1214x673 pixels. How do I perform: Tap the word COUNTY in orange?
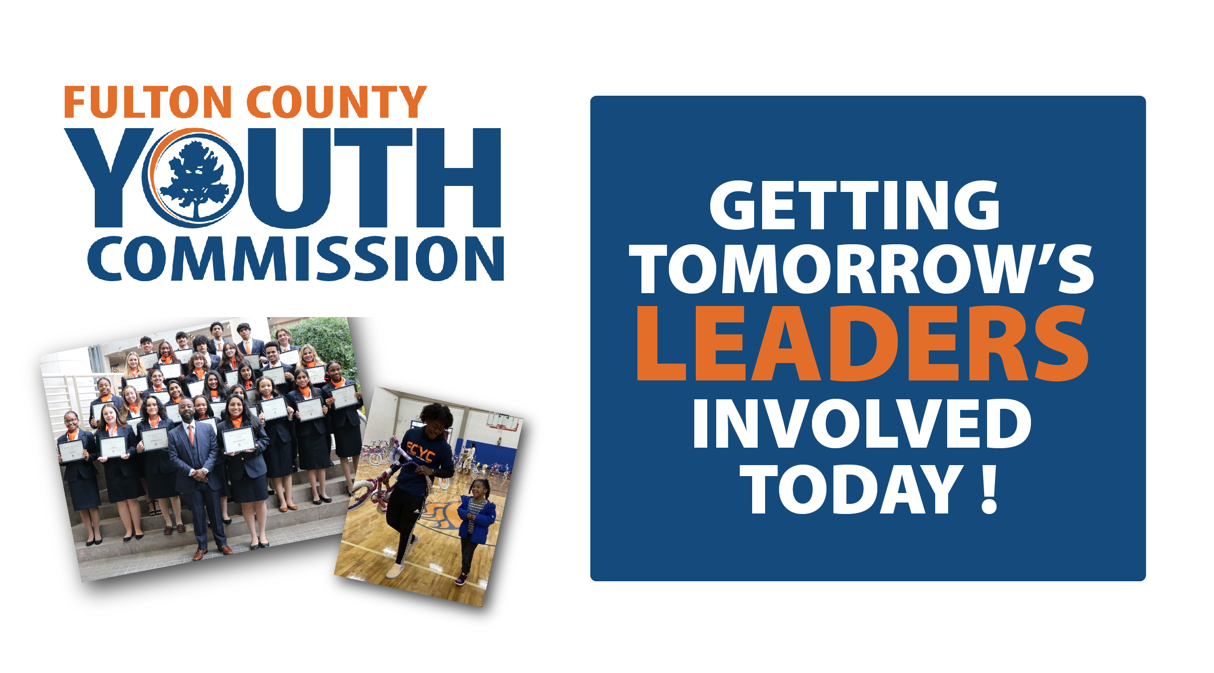(x=337, y=102)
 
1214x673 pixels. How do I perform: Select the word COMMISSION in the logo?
(x=296, y=258)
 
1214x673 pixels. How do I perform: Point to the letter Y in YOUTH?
(x=109, y=177)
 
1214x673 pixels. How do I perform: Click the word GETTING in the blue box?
(x=854, y=205)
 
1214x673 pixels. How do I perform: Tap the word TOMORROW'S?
(x=861, y=269)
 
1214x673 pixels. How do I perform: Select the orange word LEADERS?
(x=862, y=344)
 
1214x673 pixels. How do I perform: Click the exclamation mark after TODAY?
(x=989, y=489)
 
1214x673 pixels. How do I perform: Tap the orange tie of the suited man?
(x=191, y=434)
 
